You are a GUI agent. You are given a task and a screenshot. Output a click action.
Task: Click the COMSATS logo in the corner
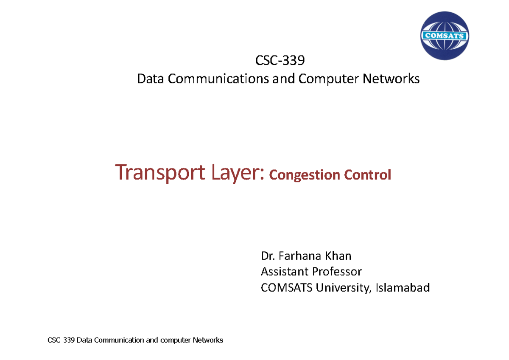[444, 36]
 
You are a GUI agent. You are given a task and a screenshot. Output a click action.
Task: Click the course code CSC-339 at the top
[280, 61]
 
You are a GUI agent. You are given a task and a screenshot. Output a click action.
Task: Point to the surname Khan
[338, 256]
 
